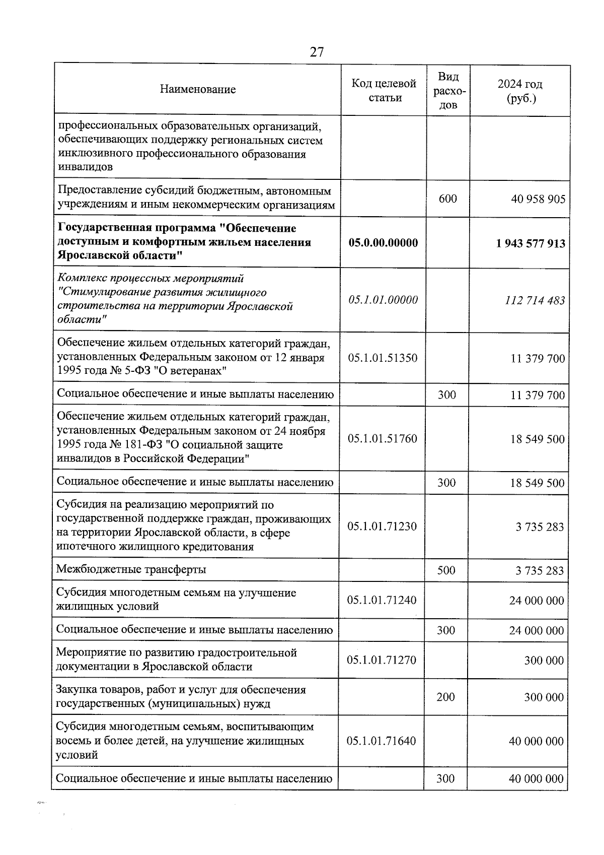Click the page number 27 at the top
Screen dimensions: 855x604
[x=317, y=52]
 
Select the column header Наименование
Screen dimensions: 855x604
[x=198, y=90]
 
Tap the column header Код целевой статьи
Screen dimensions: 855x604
[x=384, y=90]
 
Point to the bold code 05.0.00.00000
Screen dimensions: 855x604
[x=383, y=243]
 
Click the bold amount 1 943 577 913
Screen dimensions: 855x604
[x=530, y=244]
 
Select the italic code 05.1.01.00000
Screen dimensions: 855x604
[x=383, y=300]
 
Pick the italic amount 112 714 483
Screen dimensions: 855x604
[x=535, y=301]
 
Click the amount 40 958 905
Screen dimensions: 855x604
[x=538, y=199]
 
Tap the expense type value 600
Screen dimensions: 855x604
[x=447, y=199]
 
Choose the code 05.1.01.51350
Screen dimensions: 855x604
[x=383, y=358]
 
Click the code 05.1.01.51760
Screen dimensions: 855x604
[x=383, y=439]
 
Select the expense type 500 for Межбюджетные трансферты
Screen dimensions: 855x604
[x=446, y=570]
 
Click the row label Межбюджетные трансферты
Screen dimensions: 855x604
[x=131, y=570]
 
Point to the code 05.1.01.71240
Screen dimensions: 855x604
[x=382, y=600]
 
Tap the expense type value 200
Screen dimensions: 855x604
[x=445, y=697]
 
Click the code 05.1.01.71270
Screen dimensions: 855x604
[x=382, y=660]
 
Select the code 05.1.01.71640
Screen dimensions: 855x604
[x=382, y=741]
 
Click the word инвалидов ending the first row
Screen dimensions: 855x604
[x=85, y=167]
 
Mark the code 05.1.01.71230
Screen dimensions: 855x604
[x=382, y=527]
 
